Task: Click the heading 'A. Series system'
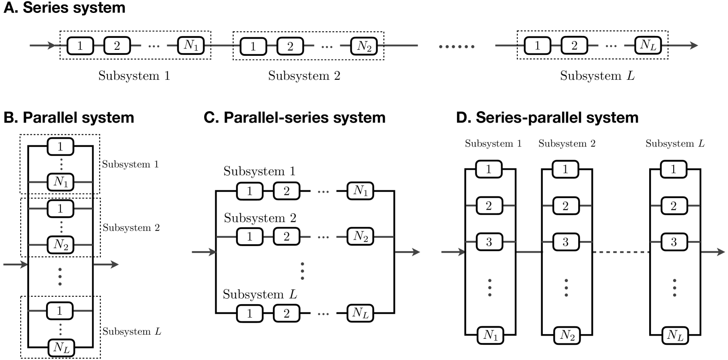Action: coord(65,8)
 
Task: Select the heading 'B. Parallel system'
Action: coord(69,118)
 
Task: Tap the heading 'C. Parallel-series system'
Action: coord(294,118)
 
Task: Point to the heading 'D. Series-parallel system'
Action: coord(547,118)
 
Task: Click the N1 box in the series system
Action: coord(191,46)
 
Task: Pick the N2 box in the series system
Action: coord(364,46)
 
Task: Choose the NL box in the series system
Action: coord(648,45)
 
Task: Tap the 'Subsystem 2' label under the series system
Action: coord(304,76)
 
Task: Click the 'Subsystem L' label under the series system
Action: coord(597,76)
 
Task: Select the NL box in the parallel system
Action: coord(61,348)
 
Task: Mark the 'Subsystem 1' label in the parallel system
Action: coord(130,164)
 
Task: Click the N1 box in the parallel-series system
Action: coord(360,190)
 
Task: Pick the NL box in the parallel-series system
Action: coord(360,313)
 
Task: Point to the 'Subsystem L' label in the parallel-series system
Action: coord(260,294)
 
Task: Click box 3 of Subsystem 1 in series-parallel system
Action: coord(489,242)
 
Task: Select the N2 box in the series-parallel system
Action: coord(567,335)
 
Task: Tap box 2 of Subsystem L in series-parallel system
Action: coord(674,206)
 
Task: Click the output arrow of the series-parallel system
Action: coord(712,252)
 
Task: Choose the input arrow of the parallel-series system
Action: coord(204,252)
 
